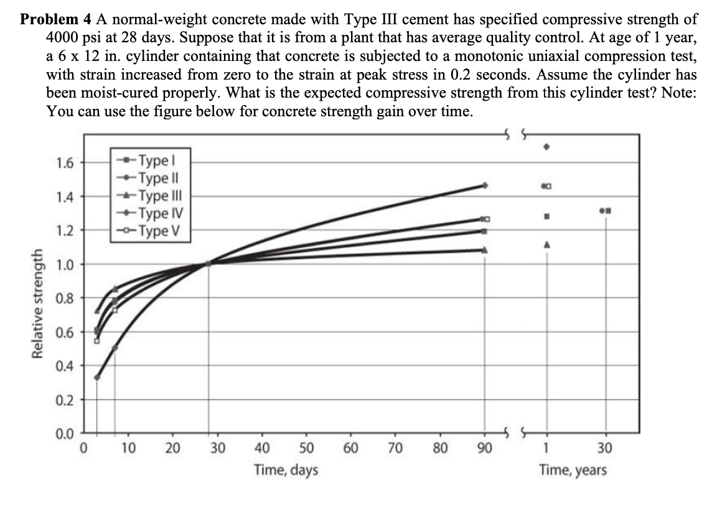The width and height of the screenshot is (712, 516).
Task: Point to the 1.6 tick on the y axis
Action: click(65, 164)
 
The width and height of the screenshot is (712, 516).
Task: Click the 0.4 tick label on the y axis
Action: click(65, 366)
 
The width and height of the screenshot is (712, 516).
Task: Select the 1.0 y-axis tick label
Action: click(65, 264)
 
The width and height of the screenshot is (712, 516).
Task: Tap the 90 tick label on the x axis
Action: click(484, 449)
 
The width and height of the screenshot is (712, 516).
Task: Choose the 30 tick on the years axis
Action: click(605, 449)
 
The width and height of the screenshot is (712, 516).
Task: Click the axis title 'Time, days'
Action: click(286, 470)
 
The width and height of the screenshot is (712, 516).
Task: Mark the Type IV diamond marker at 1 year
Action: click(546, 147)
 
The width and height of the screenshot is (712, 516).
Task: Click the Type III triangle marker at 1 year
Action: click(546, 245)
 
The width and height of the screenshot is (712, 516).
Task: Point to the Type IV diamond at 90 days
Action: click(484, 185)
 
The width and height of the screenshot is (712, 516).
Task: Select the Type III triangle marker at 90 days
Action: click(484, 250)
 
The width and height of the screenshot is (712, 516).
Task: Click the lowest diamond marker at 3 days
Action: click(97, 377)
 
